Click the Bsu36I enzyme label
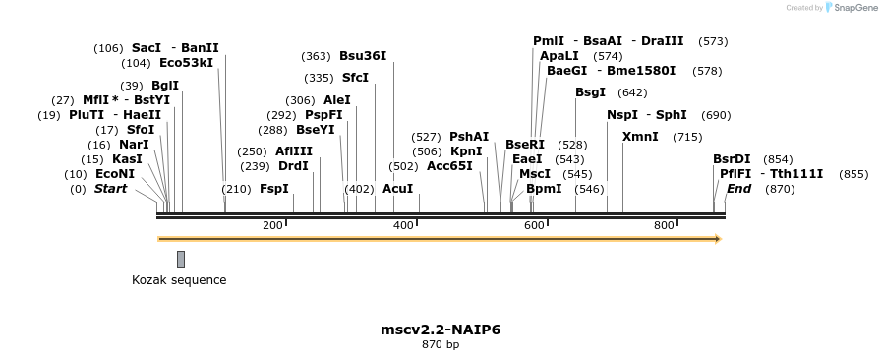[363, 56]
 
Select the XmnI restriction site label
[640, 137]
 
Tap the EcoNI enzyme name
[114, 174]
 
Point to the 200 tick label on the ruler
[272, 226]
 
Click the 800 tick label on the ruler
[664, 226]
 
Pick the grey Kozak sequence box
[181, 259]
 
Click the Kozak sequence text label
[179, 280]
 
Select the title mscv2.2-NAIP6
[441, 330]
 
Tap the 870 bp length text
[441, 345]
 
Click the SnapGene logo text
[853, 8]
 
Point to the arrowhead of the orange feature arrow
[718, 239]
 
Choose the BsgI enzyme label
[590, 92]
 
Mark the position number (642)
[632, 92]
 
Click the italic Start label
[110, 189]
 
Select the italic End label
[738, 189]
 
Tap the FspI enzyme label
[274, 189]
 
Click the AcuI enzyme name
[397, 189]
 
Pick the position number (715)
[687, 137]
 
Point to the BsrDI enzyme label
[732, 159]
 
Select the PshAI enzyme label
[469, 137]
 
